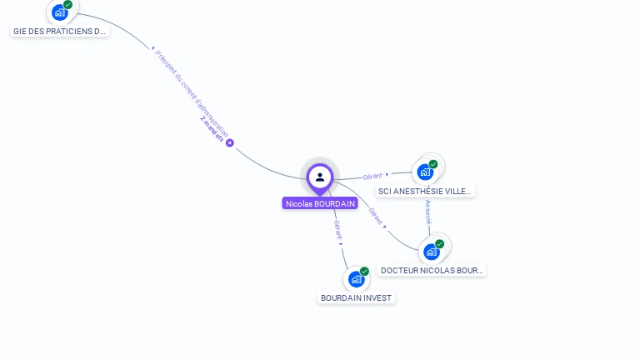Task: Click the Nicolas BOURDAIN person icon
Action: pyautogui.click(x=320, y=177)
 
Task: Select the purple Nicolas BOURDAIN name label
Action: pyautogui.click(x=320, y=203)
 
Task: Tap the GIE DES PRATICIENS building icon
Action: pyautogui.click(x=58, y=12)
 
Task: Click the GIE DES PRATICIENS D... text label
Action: pyautogui.click(x=60, y=31)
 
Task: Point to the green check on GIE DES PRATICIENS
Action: pyautogui.click(x=67, y=5)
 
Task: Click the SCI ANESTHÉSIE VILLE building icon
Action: pyautogui.click(x=425, y=172)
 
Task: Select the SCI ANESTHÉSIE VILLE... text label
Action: pyautogui.click(x=425, y=191)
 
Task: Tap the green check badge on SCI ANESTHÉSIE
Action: pyautogui.click(x=433, y=164)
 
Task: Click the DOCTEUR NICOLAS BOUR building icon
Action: pyautogui.click(x=431, y=252)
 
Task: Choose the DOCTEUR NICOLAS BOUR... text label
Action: pyautogui.click(x=432, y=270)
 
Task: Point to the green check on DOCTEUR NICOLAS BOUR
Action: pyautogui.click(x=439, y=244)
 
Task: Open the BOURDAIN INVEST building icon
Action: pyautogui.click(x=356, y=279)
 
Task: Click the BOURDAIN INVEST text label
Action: pyautogui.click(x=356, y=297)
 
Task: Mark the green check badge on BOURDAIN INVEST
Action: pyautogui.click(x=364, y=272)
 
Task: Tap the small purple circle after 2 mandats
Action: pyautogui.click(x=230, y=142)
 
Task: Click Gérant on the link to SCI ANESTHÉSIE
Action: pyautogui.click(x=373, y=177)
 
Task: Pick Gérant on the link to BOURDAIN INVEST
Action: pyautogui.click(x=337, y=231)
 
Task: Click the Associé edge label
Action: pyautogui.click(x=428, y=214)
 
